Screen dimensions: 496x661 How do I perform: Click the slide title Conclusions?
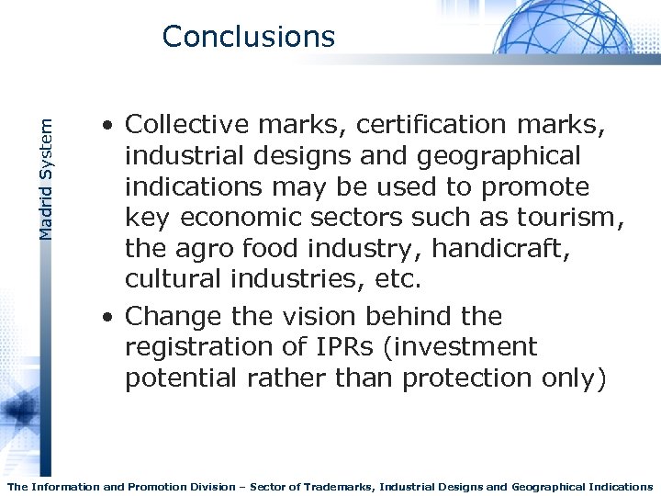point(248,37)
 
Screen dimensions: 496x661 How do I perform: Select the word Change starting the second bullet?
point(171,316)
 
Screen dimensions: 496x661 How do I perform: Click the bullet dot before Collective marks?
point(108,126)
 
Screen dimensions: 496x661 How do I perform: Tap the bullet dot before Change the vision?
point(108,318)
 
